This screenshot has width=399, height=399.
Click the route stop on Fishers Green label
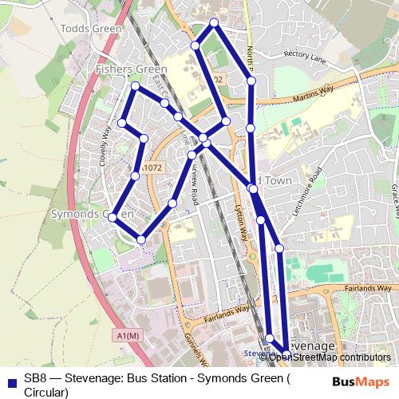tap(136, 85)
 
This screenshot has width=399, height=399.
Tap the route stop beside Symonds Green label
tap(113, 217)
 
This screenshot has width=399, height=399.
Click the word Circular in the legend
tap(46, 392)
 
